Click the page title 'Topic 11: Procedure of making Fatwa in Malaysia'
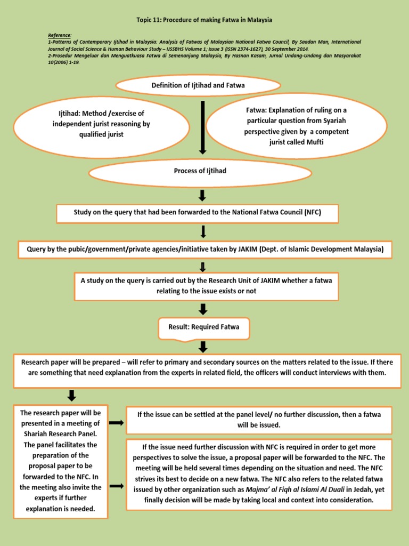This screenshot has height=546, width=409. pos(204,20)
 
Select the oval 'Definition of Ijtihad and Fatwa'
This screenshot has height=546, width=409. pos(198,85)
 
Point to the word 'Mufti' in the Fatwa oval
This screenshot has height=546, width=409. pos(311,142)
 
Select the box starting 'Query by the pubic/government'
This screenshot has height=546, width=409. pos(204,249)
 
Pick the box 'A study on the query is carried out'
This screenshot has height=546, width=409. pos(205,285)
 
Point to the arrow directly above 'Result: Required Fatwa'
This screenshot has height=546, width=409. pos(202,309)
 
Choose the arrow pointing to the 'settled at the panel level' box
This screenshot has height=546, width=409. pos(117,423)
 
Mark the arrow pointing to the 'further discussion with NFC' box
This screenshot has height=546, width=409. pos(117,487)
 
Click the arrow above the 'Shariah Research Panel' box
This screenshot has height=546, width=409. pos(72,396)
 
